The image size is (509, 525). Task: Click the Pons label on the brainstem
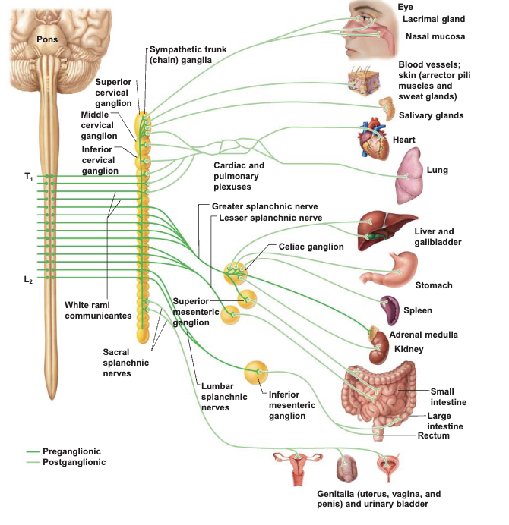(47, 39)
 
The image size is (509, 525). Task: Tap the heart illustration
(375, 139)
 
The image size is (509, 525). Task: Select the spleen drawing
(389, 310)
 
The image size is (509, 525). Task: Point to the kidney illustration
(379, 348)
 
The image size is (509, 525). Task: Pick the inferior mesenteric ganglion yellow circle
(256, 373)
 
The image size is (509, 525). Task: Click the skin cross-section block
(364, 80)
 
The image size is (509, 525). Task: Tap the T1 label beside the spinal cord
(29, 177)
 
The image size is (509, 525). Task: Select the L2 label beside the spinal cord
(29, 279)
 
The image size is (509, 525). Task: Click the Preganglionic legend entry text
(71, 451)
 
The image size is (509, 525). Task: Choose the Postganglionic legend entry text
(74, 462)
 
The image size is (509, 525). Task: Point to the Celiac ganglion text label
(311, 247)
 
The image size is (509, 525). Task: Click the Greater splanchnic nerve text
(265, 206)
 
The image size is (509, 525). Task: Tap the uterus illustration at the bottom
(298, 467)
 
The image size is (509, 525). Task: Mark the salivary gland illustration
(387, 108)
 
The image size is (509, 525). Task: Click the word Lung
(438, 170)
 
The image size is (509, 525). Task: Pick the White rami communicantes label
(98, 310)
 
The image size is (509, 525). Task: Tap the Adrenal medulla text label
(423, 335)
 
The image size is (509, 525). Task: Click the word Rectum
(433, 435)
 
